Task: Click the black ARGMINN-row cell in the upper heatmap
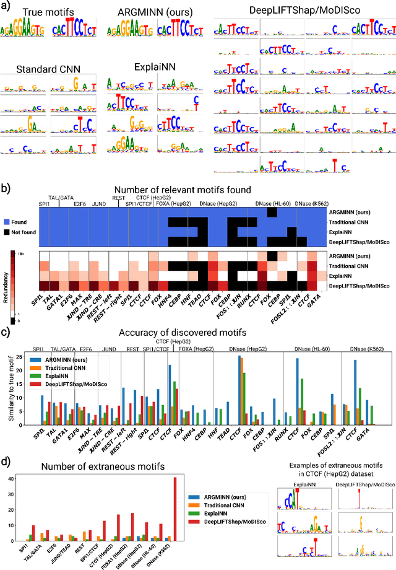coord(271,212)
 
